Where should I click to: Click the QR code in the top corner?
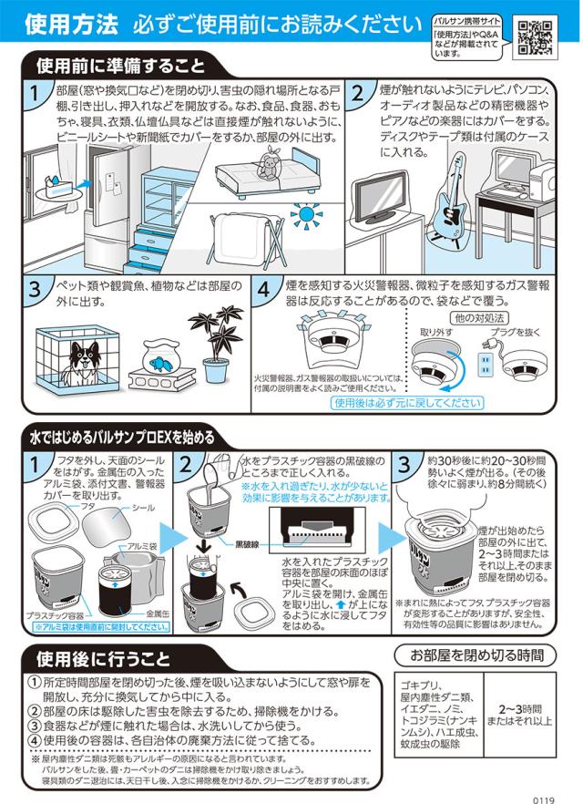[x=535, y=36]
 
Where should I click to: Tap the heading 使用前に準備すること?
[x=120, y=66]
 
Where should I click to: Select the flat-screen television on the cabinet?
[x=380, y=196]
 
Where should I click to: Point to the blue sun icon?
[x=306, y=214]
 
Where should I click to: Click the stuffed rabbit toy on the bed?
[x=269, y=158]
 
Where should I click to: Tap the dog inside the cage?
[x=83, y=362]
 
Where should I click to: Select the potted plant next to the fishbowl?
[x=216, y=343]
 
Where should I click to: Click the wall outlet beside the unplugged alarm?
[x=484, y=364]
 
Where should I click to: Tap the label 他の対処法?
[x=479, y=318]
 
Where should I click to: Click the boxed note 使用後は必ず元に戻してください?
[x=407, y=403]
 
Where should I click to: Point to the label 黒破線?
[x=247, y=544]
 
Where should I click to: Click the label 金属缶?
[x=158, y=613]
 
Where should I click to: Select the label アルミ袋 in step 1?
[x=142, y=547]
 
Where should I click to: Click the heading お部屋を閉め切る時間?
[x=476, y=655]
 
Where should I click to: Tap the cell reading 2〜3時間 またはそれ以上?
[x=519, y=715]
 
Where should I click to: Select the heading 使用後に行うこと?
[x=103, y=658]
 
